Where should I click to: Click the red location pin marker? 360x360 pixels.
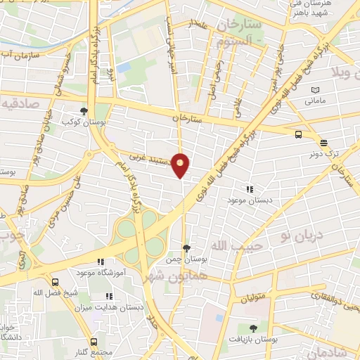(x=181, y=165)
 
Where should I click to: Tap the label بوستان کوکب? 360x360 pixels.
(x=84, y=122)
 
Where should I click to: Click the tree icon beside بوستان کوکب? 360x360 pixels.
(x=84, y=110)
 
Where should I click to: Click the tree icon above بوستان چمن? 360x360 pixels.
(x=186, y=248)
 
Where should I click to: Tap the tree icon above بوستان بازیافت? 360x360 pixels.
(x=253, y=328)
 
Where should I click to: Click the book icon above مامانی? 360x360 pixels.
(x=314, y=90)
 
